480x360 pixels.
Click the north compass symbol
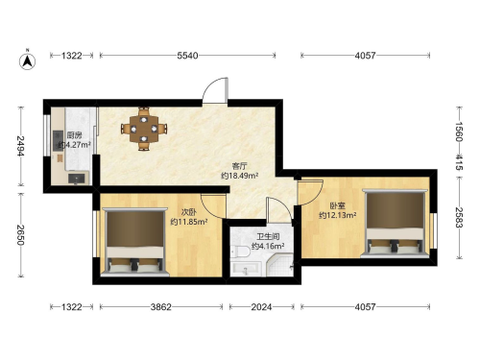coord(28,60)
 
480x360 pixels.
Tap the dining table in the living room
coord(144,129)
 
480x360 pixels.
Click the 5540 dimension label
coord(187,56)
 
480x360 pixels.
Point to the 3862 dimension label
coord(161,307)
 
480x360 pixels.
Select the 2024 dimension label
coord(261,307)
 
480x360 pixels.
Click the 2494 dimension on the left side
coord(21,146)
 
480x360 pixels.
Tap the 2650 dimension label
coord(21,235)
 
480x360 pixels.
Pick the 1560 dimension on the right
coord(459,132)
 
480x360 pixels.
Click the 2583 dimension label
coord(459,217)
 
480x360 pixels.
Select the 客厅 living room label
coord(240,166)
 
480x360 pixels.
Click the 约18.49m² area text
coord(240,176)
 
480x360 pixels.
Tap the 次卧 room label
coord(188,212)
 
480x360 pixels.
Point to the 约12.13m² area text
coord(338,215)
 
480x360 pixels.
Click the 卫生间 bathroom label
coord(268,237)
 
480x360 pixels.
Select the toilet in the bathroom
coord(240,252)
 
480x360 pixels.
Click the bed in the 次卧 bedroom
coord(134,242)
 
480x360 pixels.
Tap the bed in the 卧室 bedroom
coord(395,224)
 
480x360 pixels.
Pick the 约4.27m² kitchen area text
coord(75,145)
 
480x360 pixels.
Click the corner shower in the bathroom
coord(280,265)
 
